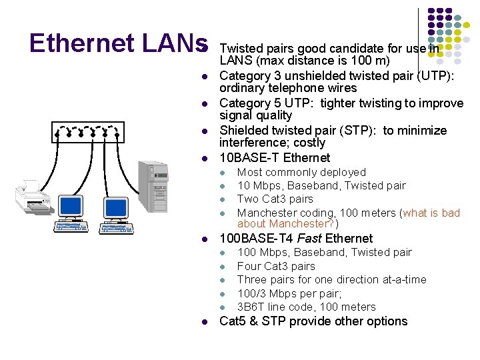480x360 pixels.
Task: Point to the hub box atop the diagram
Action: [x=88, y=133]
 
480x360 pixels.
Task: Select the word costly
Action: [x=307, y=143]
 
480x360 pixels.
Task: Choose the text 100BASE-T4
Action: [x=256, y=238]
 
